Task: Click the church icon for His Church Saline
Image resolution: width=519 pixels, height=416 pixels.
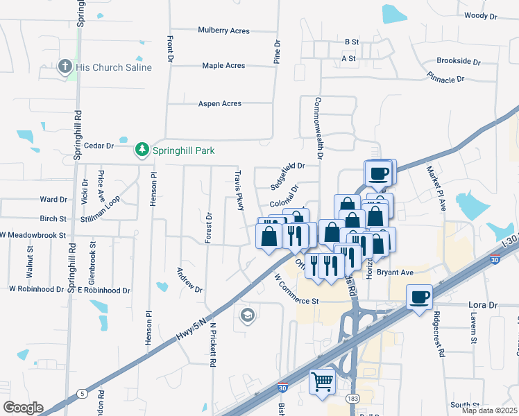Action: click(x=65, y=67)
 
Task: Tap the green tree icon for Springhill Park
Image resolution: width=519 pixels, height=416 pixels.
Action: click(x=142, y=150)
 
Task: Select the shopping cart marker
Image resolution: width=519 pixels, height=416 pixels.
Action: click(x=322, y=381)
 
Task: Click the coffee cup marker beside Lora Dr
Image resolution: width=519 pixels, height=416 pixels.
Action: click(x=419, y=297)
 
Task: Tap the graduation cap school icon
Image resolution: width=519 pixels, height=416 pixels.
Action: click(x=246, y=316)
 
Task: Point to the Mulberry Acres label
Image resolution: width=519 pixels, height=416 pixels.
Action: click(x=223, y=31)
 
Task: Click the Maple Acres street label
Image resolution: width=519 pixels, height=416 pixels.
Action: click(x=223, y=66)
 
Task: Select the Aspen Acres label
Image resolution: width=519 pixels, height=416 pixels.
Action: click(x=220, y=104)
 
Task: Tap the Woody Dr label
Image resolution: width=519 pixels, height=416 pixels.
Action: click(x=480, y=15)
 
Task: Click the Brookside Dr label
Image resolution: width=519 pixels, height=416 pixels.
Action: click(x=459, y=61)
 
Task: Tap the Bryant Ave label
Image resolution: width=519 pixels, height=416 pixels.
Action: click(x=395, y=273)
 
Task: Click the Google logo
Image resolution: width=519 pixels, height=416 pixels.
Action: click(x=23, y=407)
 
